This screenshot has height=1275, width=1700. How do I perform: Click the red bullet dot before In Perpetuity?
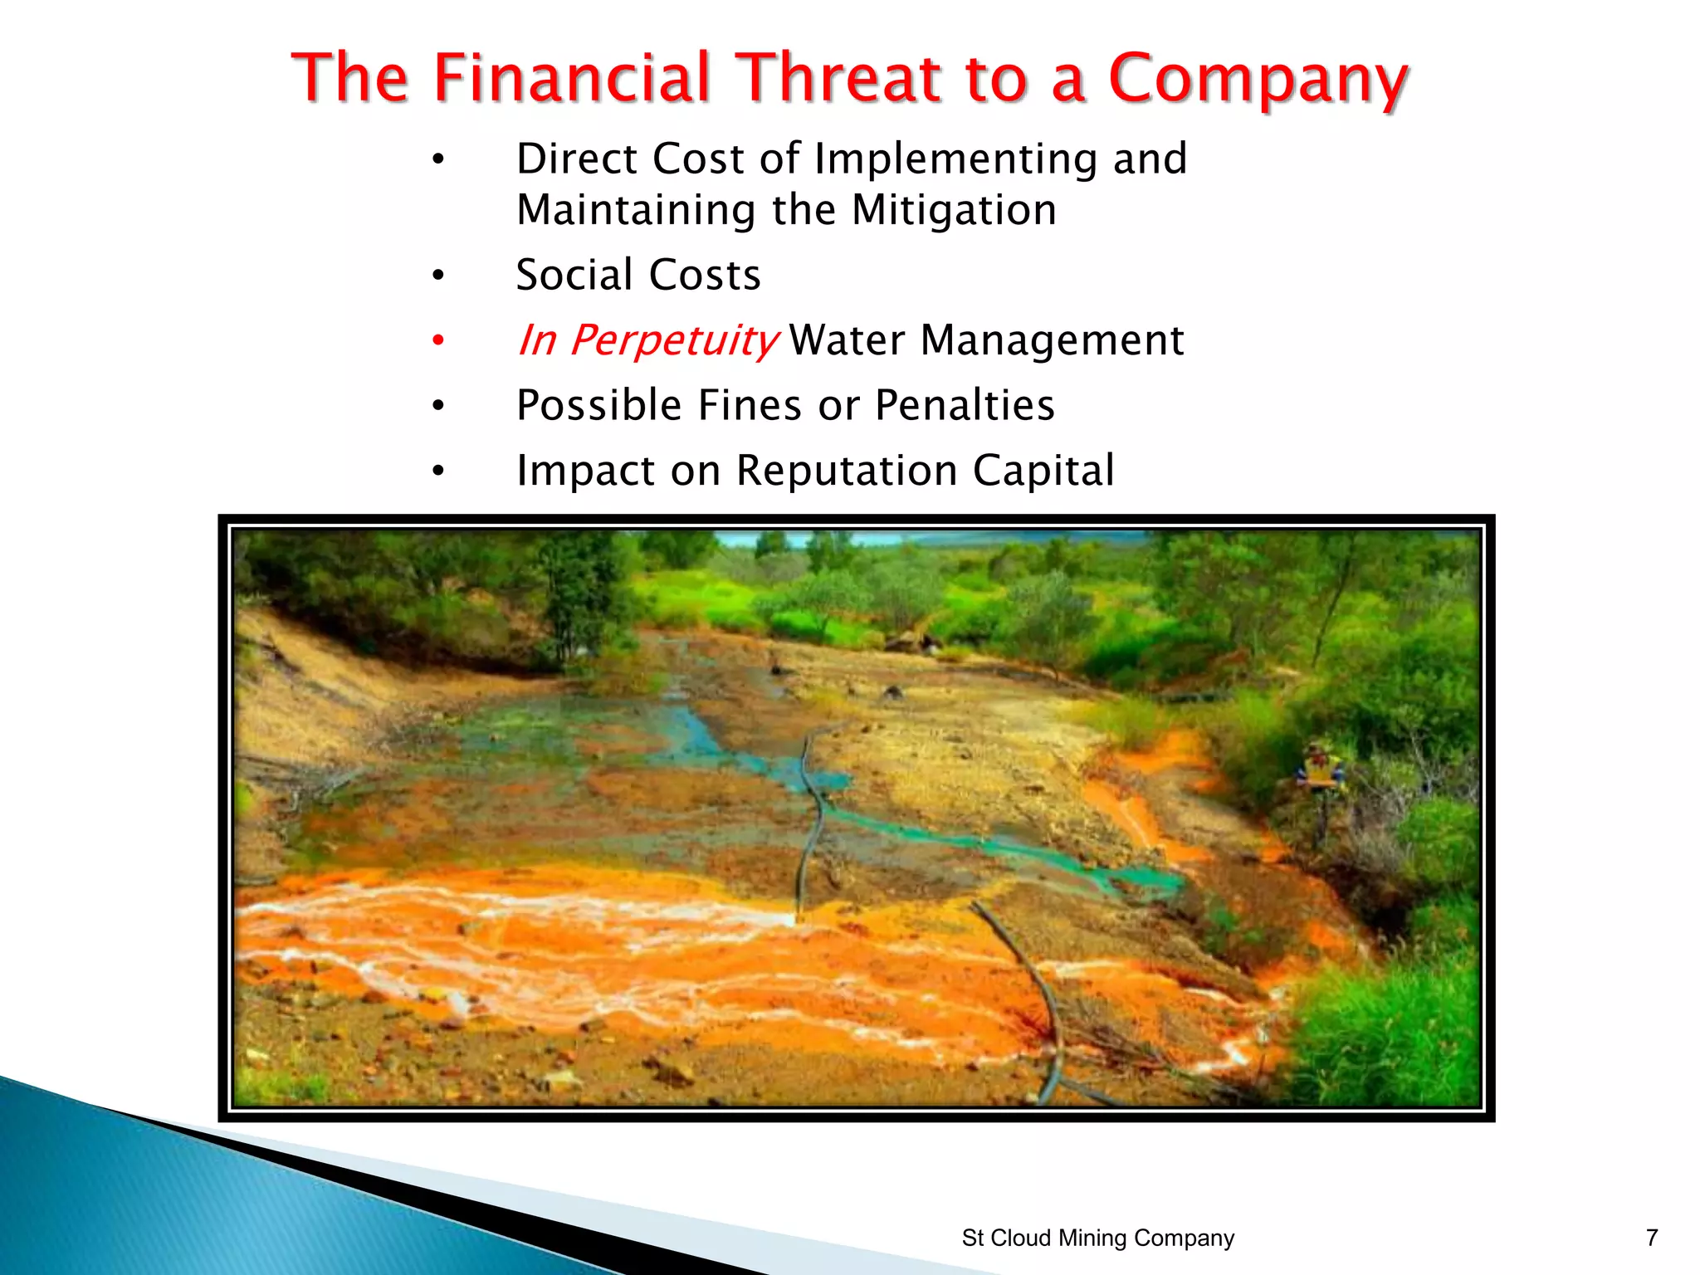click(x=438, y=340)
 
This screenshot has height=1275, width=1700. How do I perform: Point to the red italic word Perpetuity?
click(x=673, y=341)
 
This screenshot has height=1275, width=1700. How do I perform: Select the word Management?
click(x=1052, y=340)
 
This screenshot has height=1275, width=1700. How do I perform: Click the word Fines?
click(x=750, y=405)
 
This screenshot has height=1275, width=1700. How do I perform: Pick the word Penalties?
click(x=965, y=405)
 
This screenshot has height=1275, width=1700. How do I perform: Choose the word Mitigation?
click(x=954, y=209)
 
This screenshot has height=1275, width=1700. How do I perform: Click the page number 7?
click(x=1651, y=1238)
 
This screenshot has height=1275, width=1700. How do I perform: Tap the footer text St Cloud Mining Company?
click(x=1097, y=1238)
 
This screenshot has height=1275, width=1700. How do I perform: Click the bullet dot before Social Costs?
click(x=438, y=275)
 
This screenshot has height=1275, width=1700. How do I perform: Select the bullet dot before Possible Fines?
click(x=438, y=405)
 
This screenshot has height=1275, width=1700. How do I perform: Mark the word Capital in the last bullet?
click(x=1043, y=471)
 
